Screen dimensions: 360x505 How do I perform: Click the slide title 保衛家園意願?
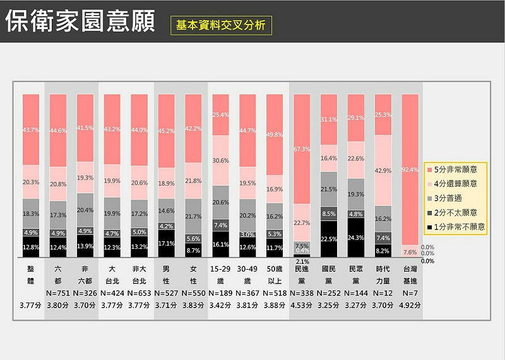80,21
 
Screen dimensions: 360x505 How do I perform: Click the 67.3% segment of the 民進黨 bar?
302,149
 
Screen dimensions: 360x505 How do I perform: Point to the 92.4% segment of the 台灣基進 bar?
410,169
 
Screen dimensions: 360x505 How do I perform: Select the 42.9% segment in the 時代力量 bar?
383,171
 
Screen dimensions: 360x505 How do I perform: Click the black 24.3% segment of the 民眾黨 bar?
356,237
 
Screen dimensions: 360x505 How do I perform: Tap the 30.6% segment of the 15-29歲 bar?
220,160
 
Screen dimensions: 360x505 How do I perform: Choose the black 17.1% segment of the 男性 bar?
166,243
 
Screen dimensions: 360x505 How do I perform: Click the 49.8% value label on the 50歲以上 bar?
275,135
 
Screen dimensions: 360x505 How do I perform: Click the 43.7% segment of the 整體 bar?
31,129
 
